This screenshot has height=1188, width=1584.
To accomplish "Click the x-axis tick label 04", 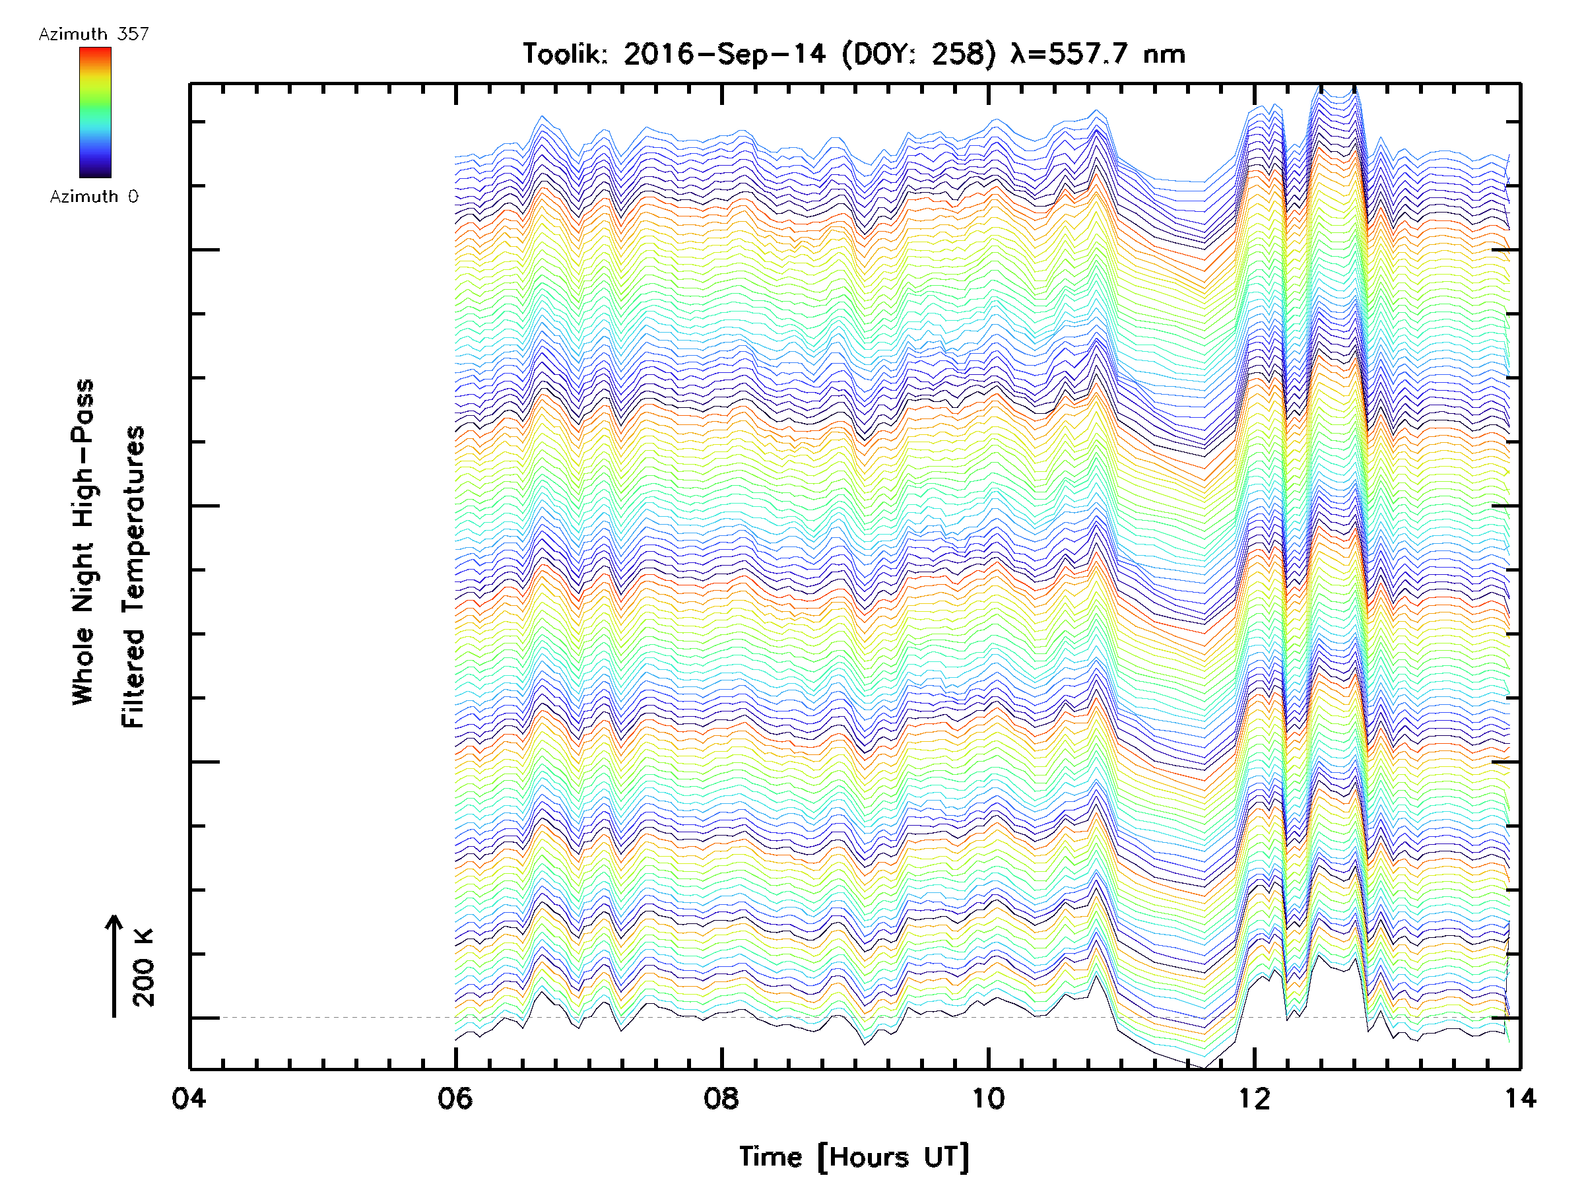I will pos(189,1098).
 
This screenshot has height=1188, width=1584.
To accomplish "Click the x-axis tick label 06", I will pos(455,1098).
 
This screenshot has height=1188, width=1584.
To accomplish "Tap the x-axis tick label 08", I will pos(721,1098).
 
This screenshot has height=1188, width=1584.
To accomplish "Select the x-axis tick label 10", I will pos(988,1098).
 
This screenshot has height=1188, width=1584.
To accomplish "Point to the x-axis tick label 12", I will pos(1255,1098).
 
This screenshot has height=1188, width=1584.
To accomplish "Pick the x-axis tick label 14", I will pos(1520,1098).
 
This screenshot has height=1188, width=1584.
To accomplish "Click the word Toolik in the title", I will pos(565,53).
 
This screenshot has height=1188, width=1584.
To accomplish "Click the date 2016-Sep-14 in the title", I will pos(725,53).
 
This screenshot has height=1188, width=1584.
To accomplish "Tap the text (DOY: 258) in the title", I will pos(918,53).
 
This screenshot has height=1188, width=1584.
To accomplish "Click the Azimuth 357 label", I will pos(94,34).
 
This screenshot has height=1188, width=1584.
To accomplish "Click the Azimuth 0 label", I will pos(94,196).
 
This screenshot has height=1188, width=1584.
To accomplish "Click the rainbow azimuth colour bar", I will pos(95,112).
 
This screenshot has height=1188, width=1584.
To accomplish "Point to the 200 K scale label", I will pos(144,968).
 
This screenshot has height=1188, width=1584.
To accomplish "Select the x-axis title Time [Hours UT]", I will pos(853,1156).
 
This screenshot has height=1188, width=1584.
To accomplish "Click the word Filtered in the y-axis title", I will pos(133,678).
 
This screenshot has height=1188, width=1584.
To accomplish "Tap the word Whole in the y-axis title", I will pos(83,666).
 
